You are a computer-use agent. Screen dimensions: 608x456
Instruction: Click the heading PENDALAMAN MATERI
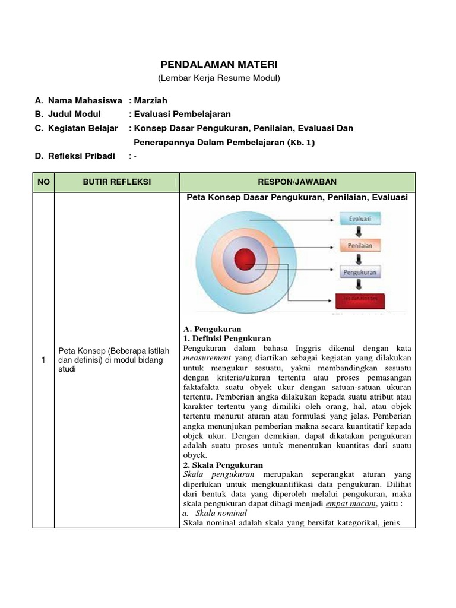tap(220, 64)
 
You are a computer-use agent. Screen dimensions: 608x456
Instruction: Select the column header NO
tap(44, 182)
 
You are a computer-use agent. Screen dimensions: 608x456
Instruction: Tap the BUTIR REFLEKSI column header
tap(116, 182)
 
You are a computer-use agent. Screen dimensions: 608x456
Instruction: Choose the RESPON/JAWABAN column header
tap(297, 182)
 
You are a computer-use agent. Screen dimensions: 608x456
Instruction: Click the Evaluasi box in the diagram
tap(360, 218)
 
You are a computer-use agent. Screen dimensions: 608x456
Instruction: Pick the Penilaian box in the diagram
tap(360, 245)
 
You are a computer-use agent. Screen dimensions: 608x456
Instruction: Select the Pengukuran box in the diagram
tap(360, 272)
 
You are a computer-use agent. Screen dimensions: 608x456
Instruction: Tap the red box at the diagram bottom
tap(360, 299)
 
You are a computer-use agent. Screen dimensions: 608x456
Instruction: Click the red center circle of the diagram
tap(244, 259)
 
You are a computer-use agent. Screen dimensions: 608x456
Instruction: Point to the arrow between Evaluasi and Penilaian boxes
tap(360, 232)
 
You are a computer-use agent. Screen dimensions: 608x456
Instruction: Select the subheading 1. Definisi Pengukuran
tap(227, 338)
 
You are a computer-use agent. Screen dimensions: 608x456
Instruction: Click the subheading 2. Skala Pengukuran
tap(223, 465)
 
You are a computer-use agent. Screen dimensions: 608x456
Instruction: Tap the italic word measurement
tap(207, 359)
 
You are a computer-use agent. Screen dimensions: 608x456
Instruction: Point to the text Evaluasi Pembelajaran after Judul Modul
tap(183, 114)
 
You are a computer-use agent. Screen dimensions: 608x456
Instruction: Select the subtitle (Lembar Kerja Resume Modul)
tap(218, 78)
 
